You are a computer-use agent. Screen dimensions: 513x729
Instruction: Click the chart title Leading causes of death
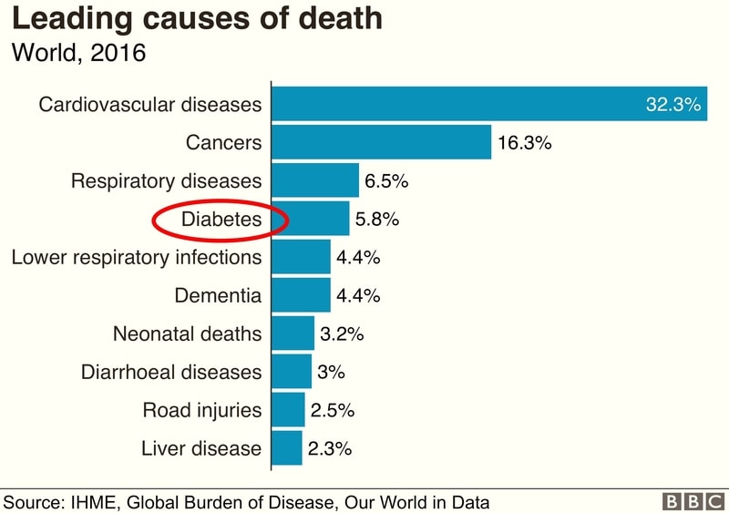(197, 20)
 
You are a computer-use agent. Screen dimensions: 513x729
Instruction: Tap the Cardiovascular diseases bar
(456, 104)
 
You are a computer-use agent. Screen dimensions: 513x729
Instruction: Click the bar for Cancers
(382, 142)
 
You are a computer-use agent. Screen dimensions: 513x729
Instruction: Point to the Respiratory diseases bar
(315, 180)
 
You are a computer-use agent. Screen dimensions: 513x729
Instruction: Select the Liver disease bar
(287, 448)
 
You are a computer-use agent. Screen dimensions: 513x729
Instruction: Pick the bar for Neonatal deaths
(293, 333)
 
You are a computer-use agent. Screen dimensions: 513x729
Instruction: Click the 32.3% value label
(673, 104)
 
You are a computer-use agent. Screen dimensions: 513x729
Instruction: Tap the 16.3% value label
(525, 143)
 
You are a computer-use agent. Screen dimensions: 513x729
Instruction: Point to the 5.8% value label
(377, 220)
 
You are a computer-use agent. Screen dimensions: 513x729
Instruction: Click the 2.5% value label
(332, 410)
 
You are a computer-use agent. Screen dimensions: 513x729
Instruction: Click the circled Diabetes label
(221, 220)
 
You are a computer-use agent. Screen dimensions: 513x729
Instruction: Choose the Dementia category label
(217, 295)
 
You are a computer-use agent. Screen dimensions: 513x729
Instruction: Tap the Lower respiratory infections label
(136, 257)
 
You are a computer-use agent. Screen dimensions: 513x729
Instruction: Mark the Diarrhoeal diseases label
(171, 372)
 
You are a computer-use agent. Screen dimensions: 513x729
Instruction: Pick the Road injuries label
(201, 410)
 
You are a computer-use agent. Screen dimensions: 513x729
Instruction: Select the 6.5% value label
(386, 181)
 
